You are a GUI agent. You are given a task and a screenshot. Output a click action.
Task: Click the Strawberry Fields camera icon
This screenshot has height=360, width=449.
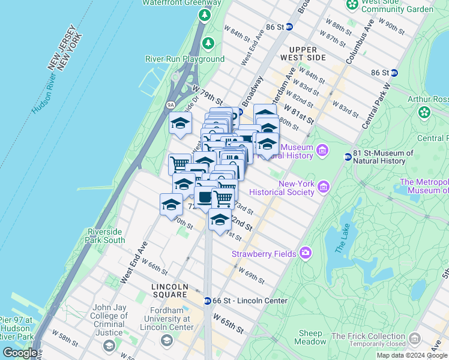[x=306, y=253]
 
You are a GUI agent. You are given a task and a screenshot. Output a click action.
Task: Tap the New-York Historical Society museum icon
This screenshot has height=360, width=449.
[x=324, y=187]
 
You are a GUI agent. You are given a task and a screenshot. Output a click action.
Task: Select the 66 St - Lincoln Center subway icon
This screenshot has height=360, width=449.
[x=208, y=301]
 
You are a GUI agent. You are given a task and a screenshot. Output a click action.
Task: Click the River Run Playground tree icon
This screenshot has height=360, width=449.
[x=208, y=43]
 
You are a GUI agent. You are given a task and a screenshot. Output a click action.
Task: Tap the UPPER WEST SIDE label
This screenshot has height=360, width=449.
[x=307, y=58]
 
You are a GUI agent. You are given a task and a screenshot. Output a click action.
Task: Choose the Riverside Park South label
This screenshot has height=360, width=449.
[x=106, y=236]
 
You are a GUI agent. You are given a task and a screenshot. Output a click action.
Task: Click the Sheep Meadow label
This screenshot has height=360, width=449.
[x=310, y=337]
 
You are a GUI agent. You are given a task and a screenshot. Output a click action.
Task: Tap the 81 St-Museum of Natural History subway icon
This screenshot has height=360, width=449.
[x=348, y=157]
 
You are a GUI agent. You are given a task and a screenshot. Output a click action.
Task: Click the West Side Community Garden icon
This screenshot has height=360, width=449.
[x=352, y=5]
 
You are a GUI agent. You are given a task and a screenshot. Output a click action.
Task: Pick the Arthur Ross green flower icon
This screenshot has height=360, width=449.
[x=425, y=112]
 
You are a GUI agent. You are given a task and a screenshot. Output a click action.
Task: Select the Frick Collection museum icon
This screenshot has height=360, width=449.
[x=414, y=340]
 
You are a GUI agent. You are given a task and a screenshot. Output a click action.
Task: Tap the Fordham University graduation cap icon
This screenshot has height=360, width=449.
[x=166, y=341]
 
